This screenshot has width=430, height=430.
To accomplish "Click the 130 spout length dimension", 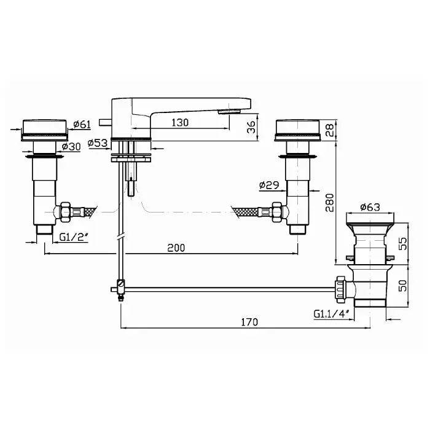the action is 180,123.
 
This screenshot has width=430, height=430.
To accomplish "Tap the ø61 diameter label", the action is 82,125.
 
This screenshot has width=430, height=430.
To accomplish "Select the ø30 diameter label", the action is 71,147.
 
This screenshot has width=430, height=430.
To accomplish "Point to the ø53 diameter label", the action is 98,143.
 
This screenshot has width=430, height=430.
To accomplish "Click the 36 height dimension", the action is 251,127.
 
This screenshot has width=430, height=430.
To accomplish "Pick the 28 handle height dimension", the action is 330,130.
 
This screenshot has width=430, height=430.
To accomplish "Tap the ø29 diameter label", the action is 269,185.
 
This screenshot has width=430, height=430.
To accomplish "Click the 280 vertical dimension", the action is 330,203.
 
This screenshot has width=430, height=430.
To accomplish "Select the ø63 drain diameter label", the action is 370,207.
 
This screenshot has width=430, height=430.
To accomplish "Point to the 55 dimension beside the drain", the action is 402,243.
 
